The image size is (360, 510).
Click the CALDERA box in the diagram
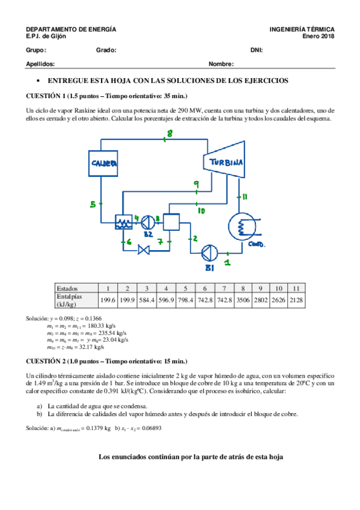(104, 164)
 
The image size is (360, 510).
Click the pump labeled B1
(207, 251)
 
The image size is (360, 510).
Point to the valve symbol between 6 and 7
(144, 248)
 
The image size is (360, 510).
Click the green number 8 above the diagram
(169, 134)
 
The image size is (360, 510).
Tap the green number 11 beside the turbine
(245, 197)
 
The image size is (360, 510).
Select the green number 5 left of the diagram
(93, 205)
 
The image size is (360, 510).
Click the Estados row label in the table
(68, 287)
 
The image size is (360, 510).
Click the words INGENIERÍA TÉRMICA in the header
(302, 29)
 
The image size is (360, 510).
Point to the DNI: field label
(257, 50)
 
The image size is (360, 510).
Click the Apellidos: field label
(41, 64)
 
